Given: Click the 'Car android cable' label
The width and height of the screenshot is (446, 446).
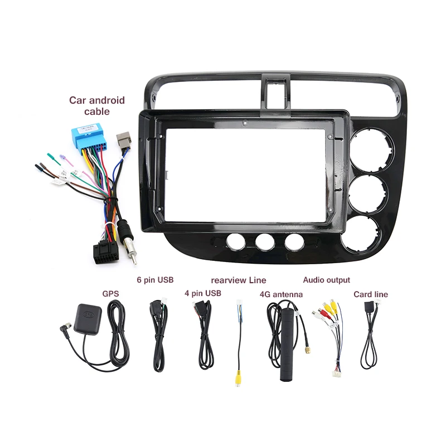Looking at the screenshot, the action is point(96,105).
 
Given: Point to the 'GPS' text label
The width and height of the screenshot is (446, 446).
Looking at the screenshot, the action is point(110,293).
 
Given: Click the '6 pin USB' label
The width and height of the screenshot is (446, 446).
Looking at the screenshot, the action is point(155,279).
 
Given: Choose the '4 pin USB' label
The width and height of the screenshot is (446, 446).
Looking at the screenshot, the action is point(203,293).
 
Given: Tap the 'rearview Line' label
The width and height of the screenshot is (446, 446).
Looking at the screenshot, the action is point(238,280).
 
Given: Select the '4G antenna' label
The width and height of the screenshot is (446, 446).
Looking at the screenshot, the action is point(282,294).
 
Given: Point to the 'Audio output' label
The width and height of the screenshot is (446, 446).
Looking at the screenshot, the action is point(326,280).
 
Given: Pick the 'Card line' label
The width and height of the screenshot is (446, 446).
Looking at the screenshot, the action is point(371,294).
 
